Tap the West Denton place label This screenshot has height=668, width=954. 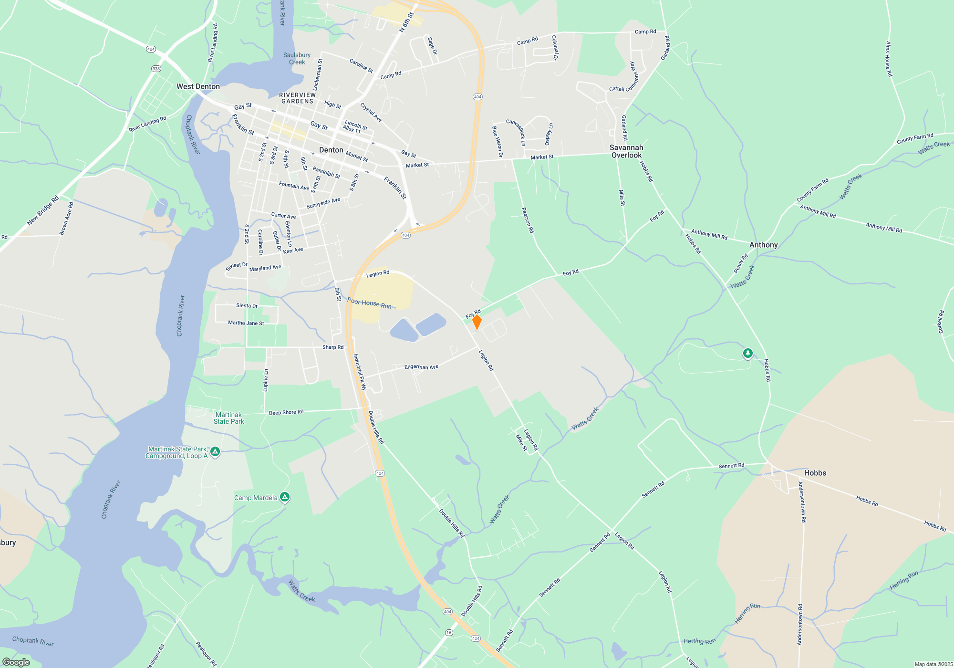point(198,86)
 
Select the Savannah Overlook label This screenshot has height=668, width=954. point(626,151)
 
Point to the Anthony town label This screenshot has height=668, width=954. point(763,245)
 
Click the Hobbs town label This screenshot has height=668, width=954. point(815,473)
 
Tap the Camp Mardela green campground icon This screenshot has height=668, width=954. point(285,498)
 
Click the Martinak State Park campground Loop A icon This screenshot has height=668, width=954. point(215,452)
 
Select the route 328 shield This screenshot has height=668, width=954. point(156,69)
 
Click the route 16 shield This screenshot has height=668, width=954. point(449,633)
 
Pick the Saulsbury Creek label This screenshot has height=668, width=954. point(297,59)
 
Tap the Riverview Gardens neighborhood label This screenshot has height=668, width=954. point(297,98)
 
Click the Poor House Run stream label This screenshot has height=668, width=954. point(369,303)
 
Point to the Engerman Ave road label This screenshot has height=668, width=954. point(421,367)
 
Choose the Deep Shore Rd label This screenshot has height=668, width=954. point(286,412)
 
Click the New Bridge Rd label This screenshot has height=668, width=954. point(43,210)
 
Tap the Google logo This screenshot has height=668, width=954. point(16,662)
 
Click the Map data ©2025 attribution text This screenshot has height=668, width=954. point(933,664)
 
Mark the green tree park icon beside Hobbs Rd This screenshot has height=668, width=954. point(747,354)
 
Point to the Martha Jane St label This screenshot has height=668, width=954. point(246,323)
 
